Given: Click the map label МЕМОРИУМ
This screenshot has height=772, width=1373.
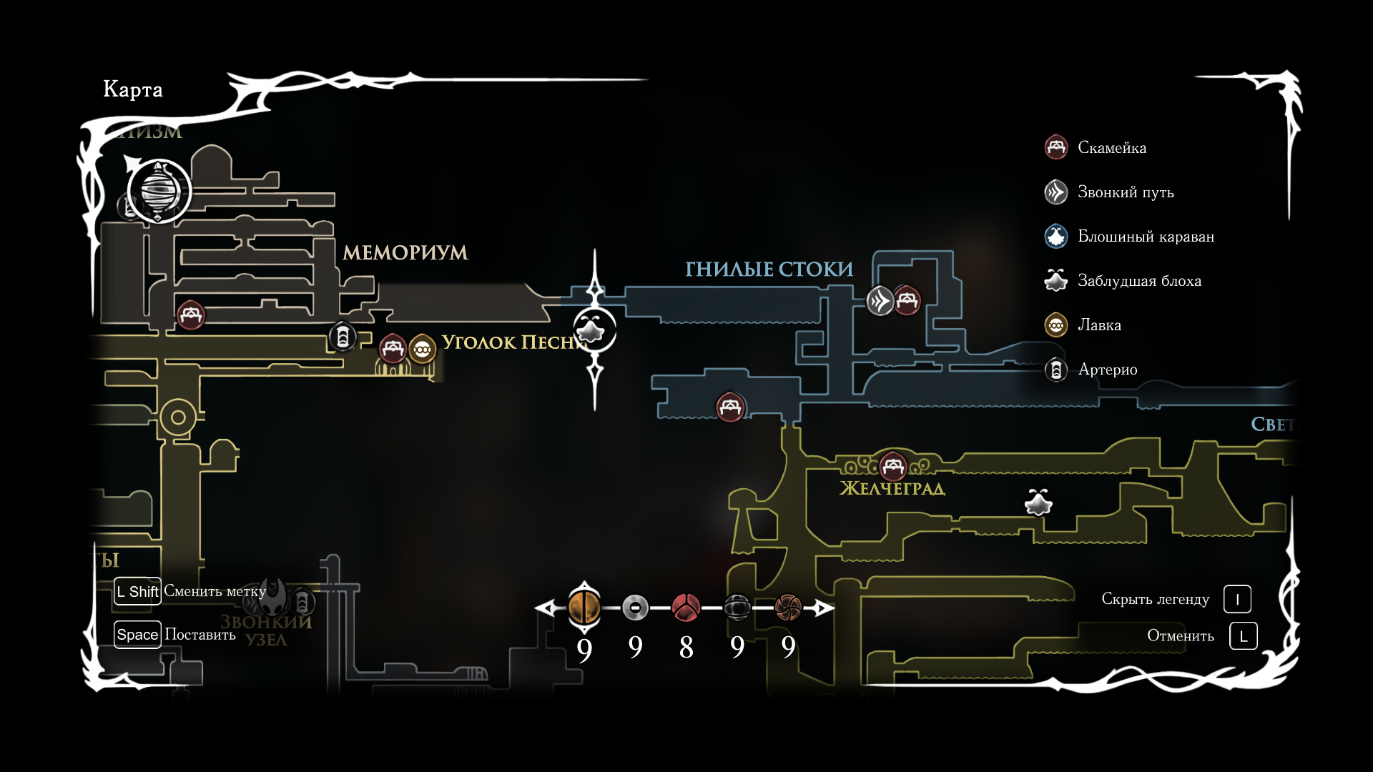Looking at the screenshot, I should click(x=405, y=253).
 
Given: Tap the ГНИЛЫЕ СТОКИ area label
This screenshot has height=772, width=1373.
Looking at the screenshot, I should click(x=769, y=269).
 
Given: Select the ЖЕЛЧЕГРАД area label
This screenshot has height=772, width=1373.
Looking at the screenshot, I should click(x=892, y=489).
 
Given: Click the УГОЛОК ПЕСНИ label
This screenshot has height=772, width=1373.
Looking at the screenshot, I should click(x=513, y=342).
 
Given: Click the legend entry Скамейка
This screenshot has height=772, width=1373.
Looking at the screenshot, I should click(x=1111, y=148).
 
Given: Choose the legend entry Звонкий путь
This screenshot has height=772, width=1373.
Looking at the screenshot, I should click(x=1125, y=192).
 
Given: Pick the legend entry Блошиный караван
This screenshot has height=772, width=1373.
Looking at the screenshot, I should click(x=1145, y=237).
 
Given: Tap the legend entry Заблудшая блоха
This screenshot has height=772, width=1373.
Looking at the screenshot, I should click(x=1138, y=281).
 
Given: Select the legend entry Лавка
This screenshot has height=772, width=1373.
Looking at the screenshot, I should click(x=1098, y=325).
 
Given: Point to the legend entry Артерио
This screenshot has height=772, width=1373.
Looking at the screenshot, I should click(x=1107, y=370).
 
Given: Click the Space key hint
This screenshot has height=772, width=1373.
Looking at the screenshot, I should click(x=137, y=635).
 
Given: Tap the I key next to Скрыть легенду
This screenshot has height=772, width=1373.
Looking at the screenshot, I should click(x=1237, y=600).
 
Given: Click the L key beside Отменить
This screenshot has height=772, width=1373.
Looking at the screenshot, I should click(x=1243, y=636).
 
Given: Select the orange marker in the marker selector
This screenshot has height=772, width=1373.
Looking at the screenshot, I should click(x=584, y=608).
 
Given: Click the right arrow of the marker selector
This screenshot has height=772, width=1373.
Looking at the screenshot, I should click(x=825, y=608).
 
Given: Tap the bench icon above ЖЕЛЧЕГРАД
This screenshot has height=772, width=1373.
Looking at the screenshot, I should click(x=892, y=467).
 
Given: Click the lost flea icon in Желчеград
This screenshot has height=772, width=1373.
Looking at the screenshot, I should click(x=1038, y=503).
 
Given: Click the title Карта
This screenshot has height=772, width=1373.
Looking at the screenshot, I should click(x=133, y=89).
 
